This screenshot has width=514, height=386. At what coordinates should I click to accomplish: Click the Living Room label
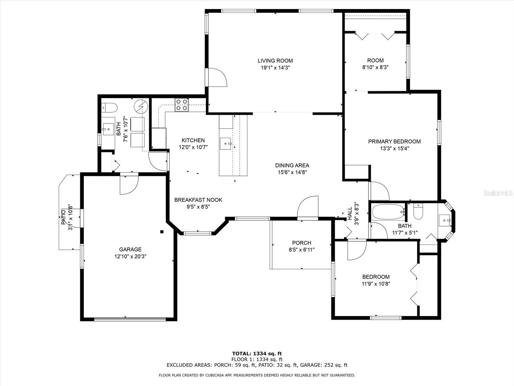point(275,61)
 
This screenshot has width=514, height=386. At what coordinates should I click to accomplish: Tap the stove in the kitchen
point(182,105)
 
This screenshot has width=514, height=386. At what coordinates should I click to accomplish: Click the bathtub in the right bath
point(388,212)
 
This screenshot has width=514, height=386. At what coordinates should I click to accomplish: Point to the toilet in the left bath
point(110,107)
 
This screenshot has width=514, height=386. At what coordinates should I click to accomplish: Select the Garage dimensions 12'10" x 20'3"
point(130,256)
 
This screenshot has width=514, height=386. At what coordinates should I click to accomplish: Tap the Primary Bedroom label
point(394,142)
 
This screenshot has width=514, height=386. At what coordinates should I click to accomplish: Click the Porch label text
point(302,243)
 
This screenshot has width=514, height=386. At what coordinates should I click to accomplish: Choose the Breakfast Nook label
point(198,200)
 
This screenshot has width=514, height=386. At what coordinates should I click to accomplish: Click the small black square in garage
point(162,232)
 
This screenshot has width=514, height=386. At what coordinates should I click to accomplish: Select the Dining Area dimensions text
point(292,172)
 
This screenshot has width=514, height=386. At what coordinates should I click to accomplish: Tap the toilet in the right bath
point(418,212)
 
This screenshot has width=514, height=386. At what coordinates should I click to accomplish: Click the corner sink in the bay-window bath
point(445,220)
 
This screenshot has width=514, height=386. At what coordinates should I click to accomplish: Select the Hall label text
point(350,214)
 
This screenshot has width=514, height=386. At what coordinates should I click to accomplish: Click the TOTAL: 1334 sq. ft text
point(257,354)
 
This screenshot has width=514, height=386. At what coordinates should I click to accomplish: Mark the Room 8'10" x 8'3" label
point(375,64)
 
